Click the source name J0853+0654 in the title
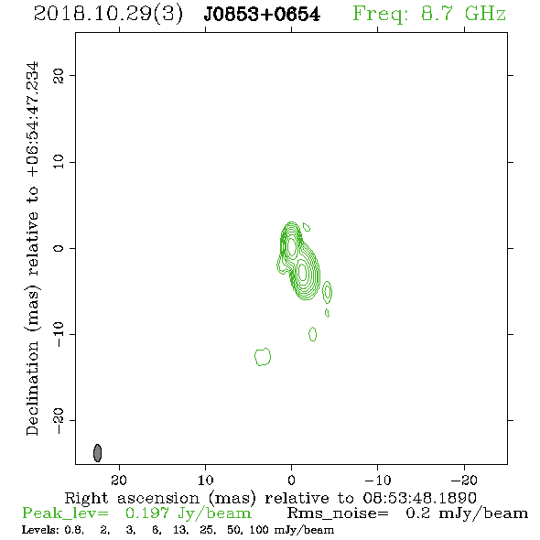[x=262, y=15]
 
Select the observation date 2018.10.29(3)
[x=108, y=15]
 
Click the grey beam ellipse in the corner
[x=97, y=452]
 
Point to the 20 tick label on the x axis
[x=119, y=480]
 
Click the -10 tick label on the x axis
[x=378, y=480]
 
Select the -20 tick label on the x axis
[x=464, y=480]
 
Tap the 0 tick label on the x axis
[x=291, y=480]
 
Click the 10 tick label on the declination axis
[x=59, y=162]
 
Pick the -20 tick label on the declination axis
[x=59, y=421]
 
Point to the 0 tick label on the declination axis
[x=59, y=248]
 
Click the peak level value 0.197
[x=147, y=513]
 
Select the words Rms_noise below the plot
[x=338, y=513]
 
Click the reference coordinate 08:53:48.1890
[x=419, y=498]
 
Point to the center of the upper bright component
[x=292, y=246]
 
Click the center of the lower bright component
[x=302, y=272]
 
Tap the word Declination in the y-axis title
[x=32, y=389]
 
